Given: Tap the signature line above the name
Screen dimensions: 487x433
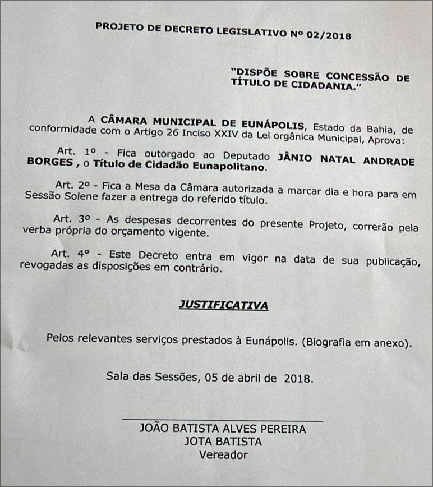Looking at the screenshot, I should pyautogui.click(x=222, y=419).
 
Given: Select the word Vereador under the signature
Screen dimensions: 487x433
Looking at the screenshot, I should pyautogui.click(x=223, y=455).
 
